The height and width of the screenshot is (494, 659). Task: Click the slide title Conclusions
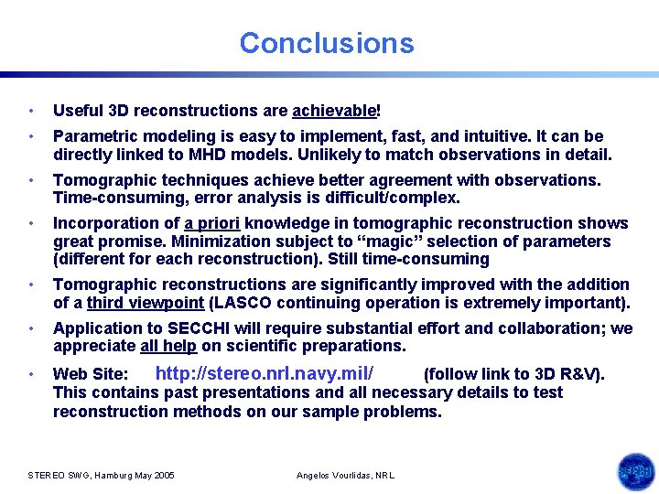tap(327, 43)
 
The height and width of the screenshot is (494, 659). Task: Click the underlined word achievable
tap(333, 111)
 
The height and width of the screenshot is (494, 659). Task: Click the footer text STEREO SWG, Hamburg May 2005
tap(102, 476)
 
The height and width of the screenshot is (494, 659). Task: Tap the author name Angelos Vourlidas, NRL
tap(346, 476)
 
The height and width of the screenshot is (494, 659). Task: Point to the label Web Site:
tap(91, 374)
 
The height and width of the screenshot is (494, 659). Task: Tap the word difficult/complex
tap(401, 198)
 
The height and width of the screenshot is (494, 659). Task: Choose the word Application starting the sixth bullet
tap(98, 328)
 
